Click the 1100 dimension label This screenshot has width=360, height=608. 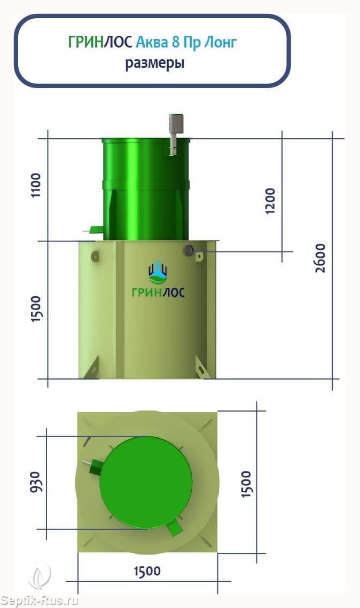click(36, 185)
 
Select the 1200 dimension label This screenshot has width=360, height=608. click(270, 201)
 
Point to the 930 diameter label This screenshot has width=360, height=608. click(35, 483)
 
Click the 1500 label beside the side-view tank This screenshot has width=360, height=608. click(36, 309)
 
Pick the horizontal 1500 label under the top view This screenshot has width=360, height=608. click(147, 571)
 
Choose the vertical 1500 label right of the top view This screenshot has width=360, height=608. click(246, 484)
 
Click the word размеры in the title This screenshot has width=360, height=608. click(154, 63)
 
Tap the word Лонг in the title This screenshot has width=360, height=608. click(221, 42)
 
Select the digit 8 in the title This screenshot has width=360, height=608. click(176, 42)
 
